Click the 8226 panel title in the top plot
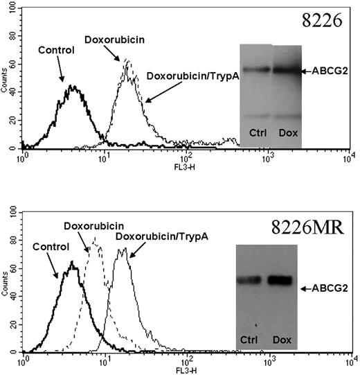327,20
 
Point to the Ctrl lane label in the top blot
256,132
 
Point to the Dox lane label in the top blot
286,132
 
